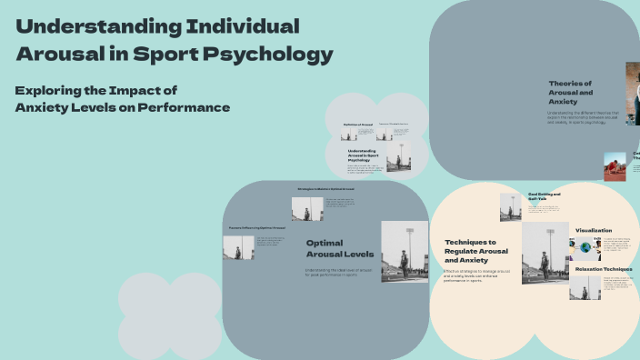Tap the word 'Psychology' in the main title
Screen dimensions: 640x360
278,54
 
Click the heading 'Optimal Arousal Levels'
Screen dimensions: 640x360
339,248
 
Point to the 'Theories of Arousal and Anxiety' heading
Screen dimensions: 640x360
570,92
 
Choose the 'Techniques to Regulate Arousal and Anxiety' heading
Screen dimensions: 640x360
476,252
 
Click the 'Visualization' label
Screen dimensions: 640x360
594,231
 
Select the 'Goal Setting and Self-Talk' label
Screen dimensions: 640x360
545,197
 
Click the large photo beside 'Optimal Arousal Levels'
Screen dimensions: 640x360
404,251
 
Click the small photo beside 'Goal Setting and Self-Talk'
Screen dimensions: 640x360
511,206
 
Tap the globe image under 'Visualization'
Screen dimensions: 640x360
585,247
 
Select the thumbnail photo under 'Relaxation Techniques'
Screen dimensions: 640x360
585,286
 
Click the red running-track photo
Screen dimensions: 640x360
615,166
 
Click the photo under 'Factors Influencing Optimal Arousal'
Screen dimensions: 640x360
238,247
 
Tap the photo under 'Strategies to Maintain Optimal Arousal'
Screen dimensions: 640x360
307,208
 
